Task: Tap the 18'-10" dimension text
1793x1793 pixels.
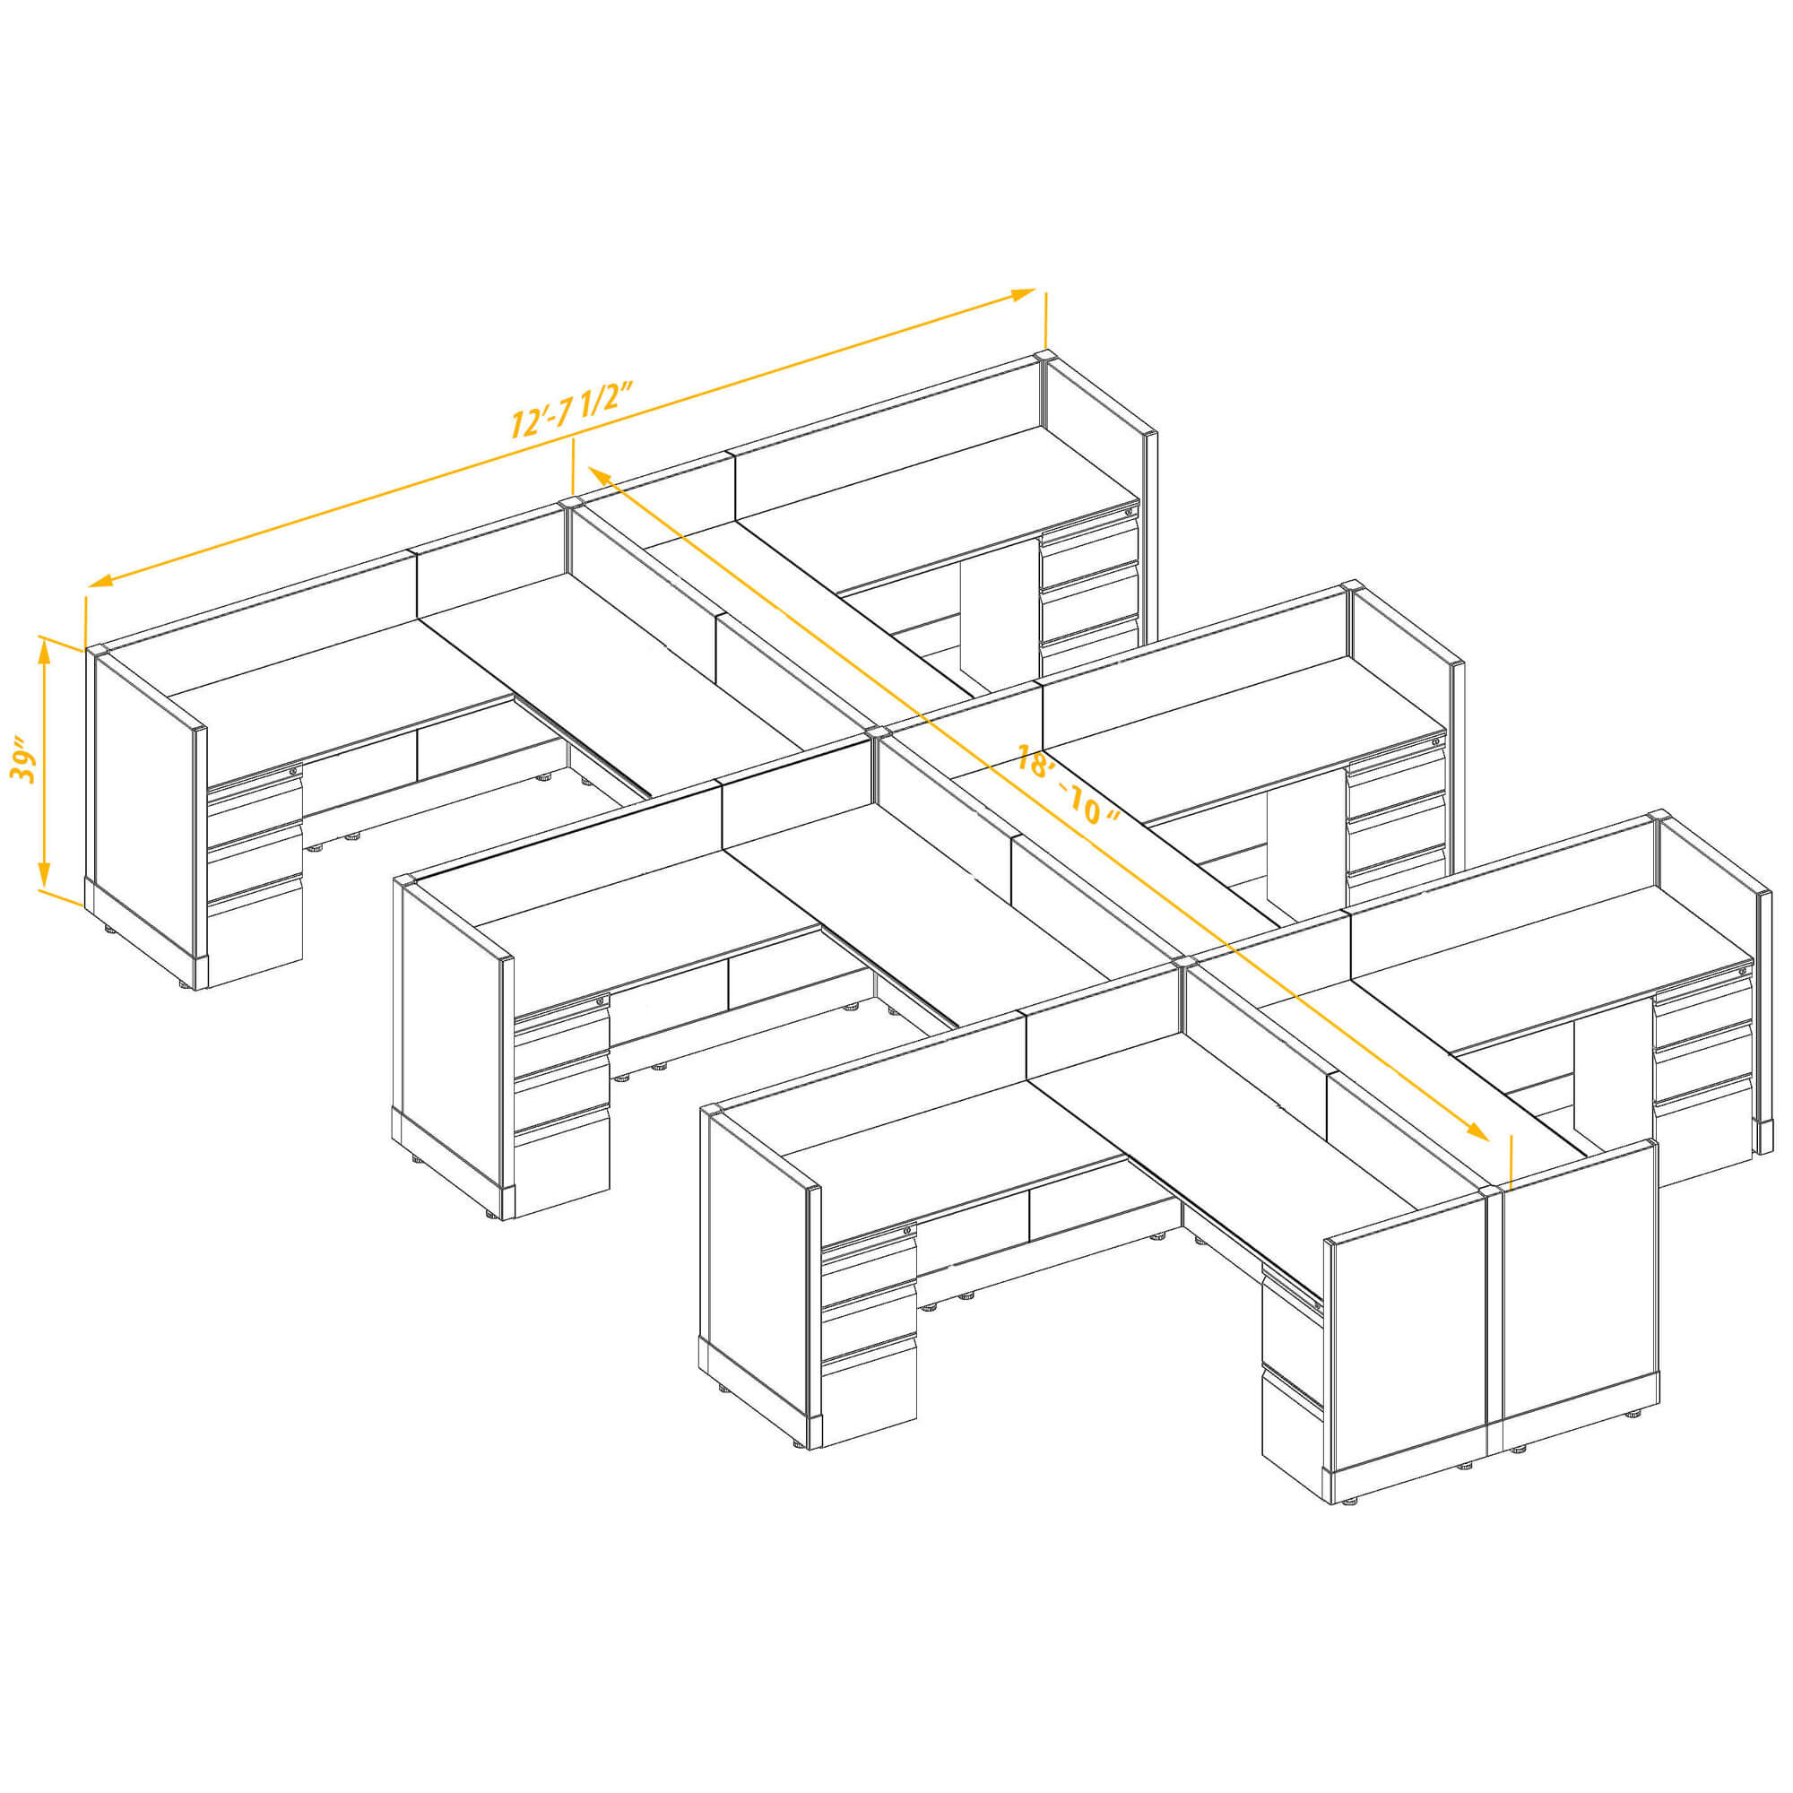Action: (x=1067, y=785)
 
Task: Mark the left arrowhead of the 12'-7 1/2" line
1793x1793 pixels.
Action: (x=100, y=581)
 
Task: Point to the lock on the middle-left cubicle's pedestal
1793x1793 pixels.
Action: (x=602, y=1000)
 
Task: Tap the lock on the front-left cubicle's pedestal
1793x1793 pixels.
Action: (x=907, y=1231)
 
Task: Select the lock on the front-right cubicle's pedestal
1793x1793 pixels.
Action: (x=1743, y=971)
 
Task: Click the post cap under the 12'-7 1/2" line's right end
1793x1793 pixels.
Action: (x=1044, y=357)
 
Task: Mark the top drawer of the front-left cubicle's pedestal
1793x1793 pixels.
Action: (x=870, y=1259)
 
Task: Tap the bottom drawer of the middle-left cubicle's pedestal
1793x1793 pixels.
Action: (x=562, y=1165)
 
